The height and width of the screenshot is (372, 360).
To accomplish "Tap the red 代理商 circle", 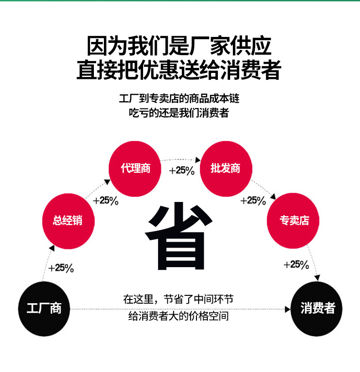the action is (135, 168).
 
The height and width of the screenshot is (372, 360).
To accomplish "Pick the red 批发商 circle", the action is (226, 168).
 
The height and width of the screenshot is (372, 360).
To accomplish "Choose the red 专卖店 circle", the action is (294, 221).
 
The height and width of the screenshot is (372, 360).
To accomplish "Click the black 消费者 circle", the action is (317, 309).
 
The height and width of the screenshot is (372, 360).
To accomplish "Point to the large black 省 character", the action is (179, 237).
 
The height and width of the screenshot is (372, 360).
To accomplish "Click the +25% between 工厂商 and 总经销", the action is (61, 268).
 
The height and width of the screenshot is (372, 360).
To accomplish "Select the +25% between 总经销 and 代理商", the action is (106, 200).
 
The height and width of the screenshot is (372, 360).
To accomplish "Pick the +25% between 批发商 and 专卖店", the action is (253, 200).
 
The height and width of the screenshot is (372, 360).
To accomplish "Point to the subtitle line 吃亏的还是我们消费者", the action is (179, 113).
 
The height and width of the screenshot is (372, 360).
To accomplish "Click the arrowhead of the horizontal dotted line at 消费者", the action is (288, 310).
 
